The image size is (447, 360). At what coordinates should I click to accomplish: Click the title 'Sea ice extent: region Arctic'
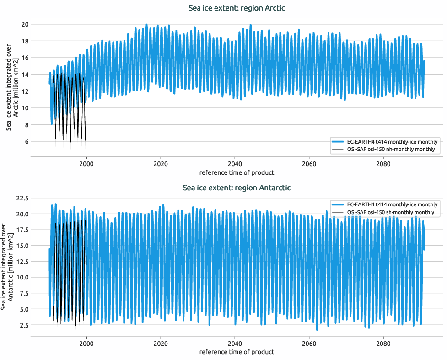click(237, 8)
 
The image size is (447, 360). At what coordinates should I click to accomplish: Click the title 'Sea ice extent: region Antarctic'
click(237, 188)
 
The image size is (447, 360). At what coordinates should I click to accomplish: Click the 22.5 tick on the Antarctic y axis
click(22, 198)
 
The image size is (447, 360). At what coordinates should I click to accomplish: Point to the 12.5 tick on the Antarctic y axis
click(22, 262)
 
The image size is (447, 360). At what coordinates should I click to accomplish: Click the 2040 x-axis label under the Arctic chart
click(234, 164)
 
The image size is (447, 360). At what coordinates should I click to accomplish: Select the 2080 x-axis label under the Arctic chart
click(383, 164)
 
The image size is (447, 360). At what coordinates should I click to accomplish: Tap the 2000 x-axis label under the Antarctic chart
click(86, 344)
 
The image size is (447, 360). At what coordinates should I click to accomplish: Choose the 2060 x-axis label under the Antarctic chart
click(309, 344)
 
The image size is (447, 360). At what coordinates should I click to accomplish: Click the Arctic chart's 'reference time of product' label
click(237, 172)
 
